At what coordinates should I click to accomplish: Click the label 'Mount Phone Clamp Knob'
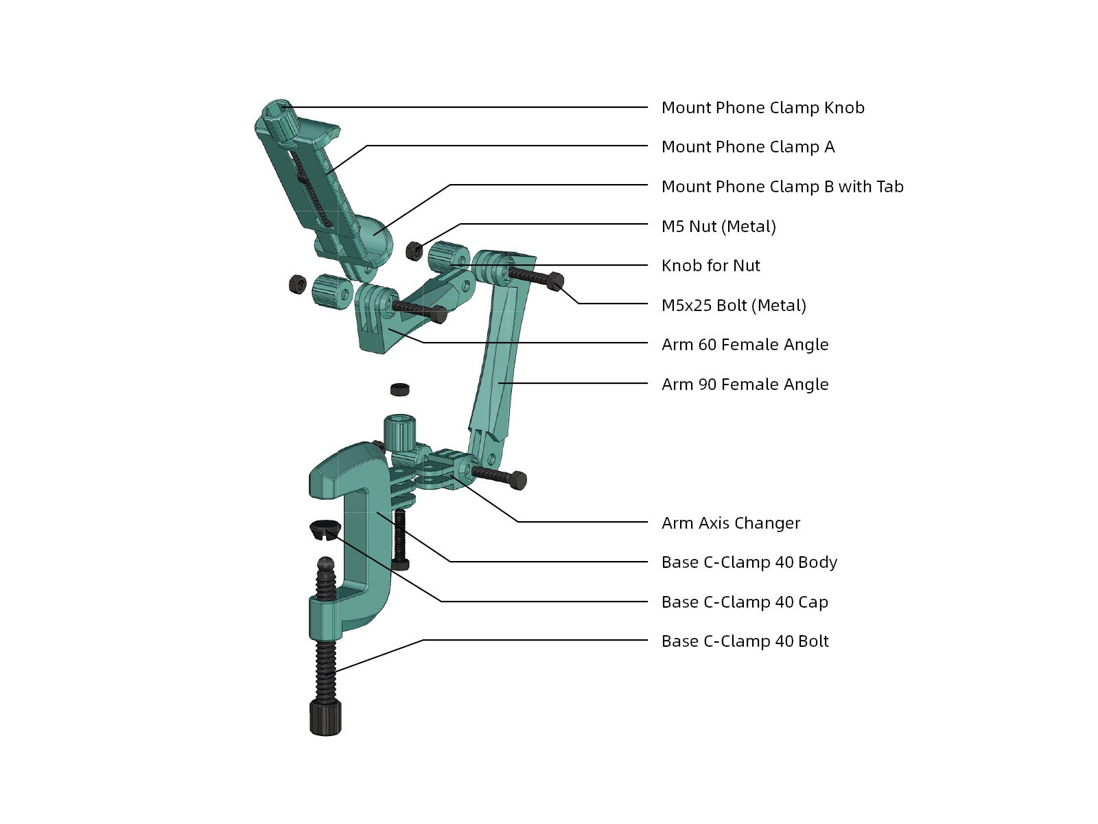(762, 108)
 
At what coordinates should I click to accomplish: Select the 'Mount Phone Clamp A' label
(748, 146)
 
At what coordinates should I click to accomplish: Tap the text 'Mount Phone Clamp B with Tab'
(782, 187)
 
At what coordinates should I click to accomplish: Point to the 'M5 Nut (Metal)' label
(719, 226)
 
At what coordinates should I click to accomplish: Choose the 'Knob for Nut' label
(710, 265)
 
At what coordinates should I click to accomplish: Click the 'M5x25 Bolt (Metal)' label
(734, 305)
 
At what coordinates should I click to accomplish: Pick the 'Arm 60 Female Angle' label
(745, 345)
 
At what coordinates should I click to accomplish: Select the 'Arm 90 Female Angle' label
(745, 385)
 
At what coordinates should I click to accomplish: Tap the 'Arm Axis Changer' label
(730, 523)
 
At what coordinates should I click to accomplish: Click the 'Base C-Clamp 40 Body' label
(749, 562)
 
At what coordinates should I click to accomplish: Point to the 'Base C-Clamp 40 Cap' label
(745, 602)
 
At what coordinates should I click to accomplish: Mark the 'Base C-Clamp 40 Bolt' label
(745, 641)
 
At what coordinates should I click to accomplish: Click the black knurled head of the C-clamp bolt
(326, 718)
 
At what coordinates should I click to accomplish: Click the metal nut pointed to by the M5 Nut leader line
(414, 251)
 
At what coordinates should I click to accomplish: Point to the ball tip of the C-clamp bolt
(326, 565)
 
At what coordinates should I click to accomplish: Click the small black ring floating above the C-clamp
(399, 389)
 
